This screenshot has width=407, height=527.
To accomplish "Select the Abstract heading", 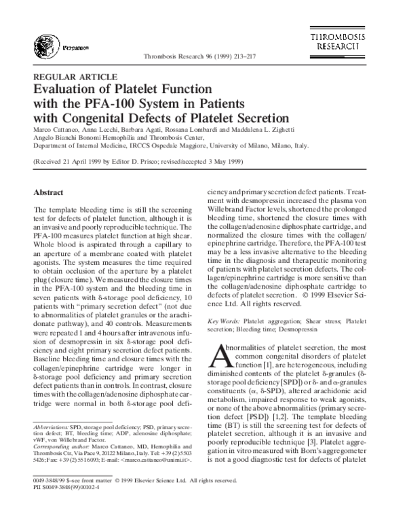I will coord(48,192).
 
